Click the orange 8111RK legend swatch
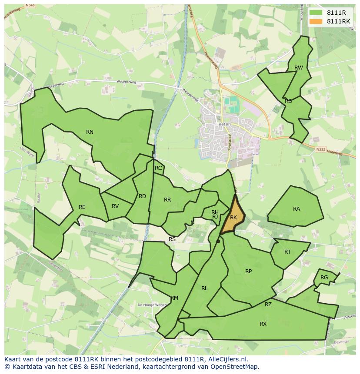tap(316, 21)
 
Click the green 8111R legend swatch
tap(316, 13)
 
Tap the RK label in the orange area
tap(233, 218)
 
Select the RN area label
tap(90, 132)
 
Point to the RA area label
tap(297, 209)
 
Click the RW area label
tap(298, 68)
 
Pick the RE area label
tap(82, 207)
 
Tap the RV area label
tap(115, 206)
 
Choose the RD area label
tap(142, 196)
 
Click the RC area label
tap(158, 168)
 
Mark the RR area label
tap(167, 200)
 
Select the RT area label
tap(287, 252)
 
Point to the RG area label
tap(324, 278)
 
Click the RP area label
tap(248, 271)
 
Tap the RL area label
tap(204, 288)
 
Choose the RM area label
tap(174, 298)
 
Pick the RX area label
tap(263, 324)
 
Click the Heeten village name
tap(223, 124)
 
